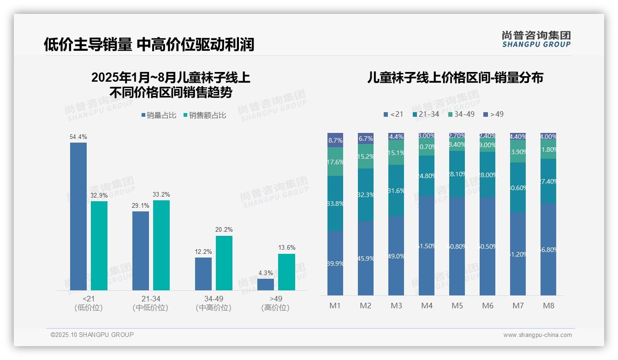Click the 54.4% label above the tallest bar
click(78, 137)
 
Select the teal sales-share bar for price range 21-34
click(161, 245)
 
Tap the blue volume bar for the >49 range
click(266, 284)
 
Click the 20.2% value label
click(224, 229)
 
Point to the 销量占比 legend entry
click(159, 115)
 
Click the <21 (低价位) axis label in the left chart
click(88, 303)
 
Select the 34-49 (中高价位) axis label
click(213, 303)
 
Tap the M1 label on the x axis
click(335, 306)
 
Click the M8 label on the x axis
click(548, 306)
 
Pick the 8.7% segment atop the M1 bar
click(335, 140)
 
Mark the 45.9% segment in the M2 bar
click(366, 258)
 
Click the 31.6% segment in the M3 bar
click(396, 191)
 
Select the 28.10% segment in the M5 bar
click(457, 174)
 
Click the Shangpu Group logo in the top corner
click(536, 39)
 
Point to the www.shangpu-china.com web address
click(537, 335)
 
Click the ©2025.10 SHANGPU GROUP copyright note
click(92, 335)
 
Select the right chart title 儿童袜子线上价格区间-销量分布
click(455, 78)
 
